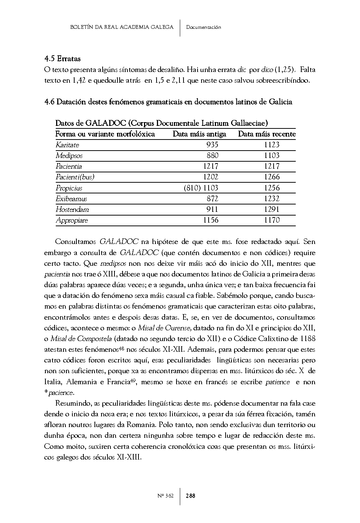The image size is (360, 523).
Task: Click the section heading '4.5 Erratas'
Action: pyautogui.click(x=62, y=59)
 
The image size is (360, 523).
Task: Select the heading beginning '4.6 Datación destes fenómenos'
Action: pyautogui.click(x=168, y=102)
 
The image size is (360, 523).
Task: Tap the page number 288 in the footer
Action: pyautogui.click(x=191, y=496)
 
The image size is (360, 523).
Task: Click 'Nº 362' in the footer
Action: pyautogui.click(x=165, y=496)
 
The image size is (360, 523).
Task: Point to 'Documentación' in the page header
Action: pyautogui.click(x=203, y=27)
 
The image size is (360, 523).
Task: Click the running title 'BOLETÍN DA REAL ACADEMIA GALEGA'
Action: pyautogui.click(x=121, y=27)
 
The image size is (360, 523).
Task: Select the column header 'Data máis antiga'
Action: pyautogui.click(x=199, y=134)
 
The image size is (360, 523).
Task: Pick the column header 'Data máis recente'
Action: pyautogui.click(x=267, y=134)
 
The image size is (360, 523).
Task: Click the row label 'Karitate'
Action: pyautogui.click(x=67, y=145)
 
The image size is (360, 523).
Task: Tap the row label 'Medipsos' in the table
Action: pyautogui.click(x=69, y=156)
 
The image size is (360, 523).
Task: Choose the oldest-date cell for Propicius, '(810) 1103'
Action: pyautogui.click(x=201, y=188)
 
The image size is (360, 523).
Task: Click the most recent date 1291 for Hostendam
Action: pyautogui.click(x=272, y=210)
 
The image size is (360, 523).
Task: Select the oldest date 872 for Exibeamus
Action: pyautogui.click(x=212, y=199)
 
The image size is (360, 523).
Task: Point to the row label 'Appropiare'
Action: pyautogui.click(x=72, y=220)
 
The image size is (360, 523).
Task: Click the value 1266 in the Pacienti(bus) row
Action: pyautogui.click(x=272, y=177)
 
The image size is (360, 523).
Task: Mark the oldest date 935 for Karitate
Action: pyautogui.click(x=212, y=145)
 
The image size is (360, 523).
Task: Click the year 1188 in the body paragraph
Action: pyautogui.click(x=308, y=339)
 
